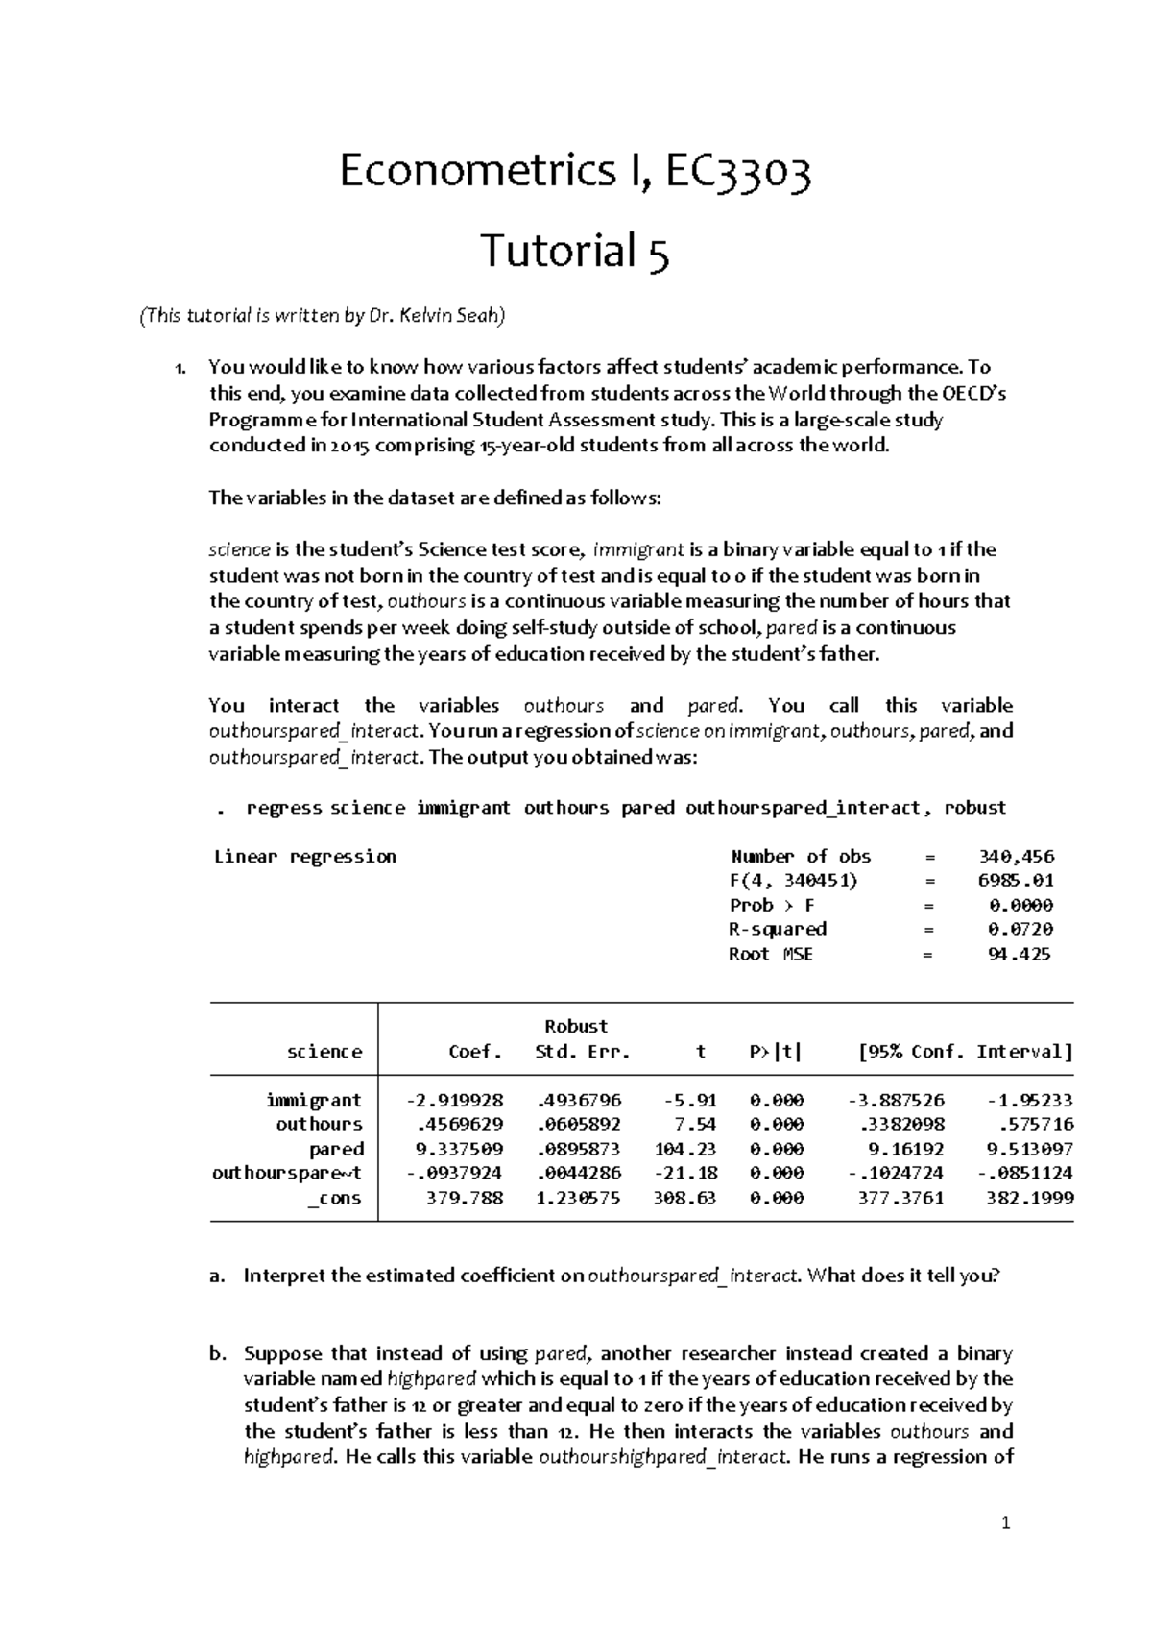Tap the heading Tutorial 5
[574, 252]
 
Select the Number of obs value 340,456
[1015, 856]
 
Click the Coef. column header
[475, 1052]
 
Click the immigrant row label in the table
[314, 1100]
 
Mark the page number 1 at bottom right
[1006, 1522]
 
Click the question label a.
[216, 1276]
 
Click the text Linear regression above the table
[304, 856]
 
